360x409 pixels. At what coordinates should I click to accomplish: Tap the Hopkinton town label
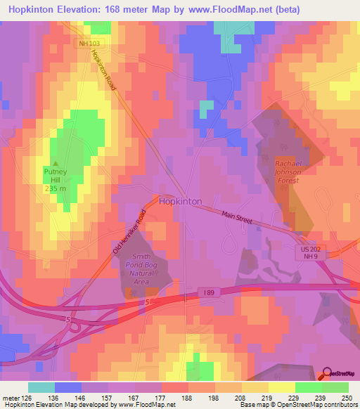point(180,201)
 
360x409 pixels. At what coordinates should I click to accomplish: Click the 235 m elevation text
point(56,188)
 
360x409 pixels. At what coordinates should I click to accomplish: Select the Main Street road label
point(237,219)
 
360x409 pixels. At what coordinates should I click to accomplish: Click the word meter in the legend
point(10,397)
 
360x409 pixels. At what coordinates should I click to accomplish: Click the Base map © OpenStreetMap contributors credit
point(303,405)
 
